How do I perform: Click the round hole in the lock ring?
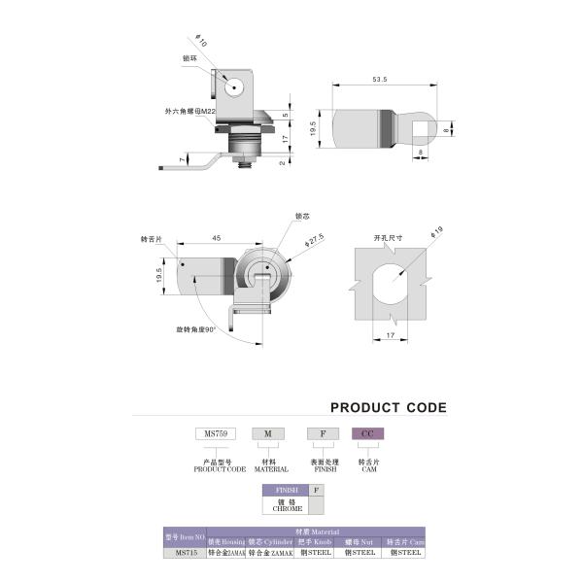234,87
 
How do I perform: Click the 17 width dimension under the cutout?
390,336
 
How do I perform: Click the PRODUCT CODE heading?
389,408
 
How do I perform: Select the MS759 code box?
209,433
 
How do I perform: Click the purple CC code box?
366,433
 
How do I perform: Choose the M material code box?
266,433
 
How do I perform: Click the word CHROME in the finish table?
288,508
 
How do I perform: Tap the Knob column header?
315,541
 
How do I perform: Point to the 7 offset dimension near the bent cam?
180,158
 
